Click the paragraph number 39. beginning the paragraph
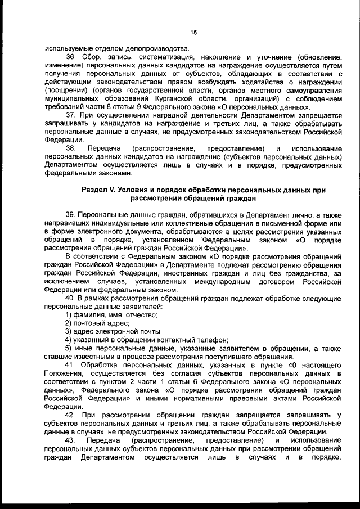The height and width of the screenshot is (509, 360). (70, 215)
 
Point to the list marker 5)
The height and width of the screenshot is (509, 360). (69, 348)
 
